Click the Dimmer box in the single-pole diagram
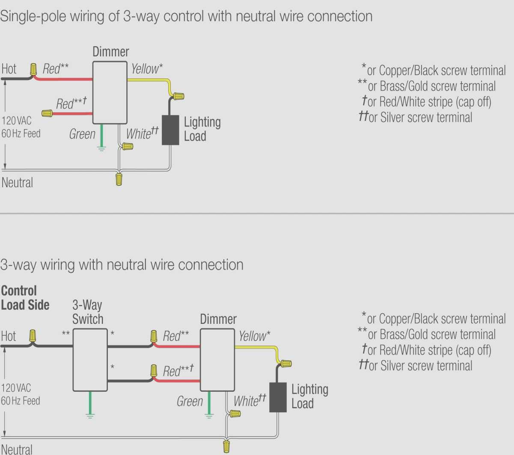[110, 93]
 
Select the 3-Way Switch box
[90, 360]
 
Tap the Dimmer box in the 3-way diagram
[217, 360]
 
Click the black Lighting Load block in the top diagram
[170, 130]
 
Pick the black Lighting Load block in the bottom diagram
[278, 397]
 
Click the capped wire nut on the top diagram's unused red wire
[47, 113]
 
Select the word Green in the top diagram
[82, 134]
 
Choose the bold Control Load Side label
[25, 298]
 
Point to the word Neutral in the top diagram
[17, 183]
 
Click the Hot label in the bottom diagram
[9, 336]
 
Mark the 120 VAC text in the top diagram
[17, 120]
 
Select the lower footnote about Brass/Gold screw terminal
[426, 335]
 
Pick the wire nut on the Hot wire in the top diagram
[33, 69]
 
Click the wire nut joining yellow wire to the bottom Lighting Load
[285, 364]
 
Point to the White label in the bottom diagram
[250, 401]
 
